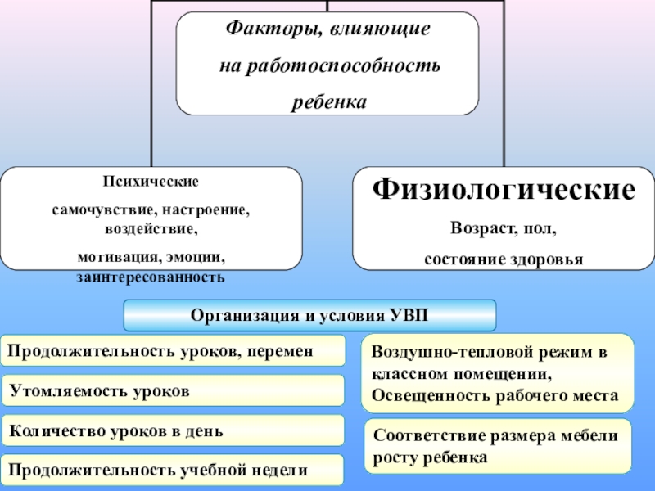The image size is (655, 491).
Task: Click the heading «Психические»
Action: pos(151,181)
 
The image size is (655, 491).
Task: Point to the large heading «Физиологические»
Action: pos(504,191)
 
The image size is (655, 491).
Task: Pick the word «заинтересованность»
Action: pos(151,277)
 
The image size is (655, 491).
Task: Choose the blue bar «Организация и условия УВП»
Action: pos(309,315)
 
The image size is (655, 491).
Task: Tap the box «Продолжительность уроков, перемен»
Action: pos(172,350)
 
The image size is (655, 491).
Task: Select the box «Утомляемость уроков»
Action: pos(172,391)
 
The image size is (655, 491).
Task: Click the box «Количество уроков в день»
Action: pos(172,430)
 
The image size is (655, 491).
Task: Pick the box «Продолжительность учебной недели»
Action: pos(172,470)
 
